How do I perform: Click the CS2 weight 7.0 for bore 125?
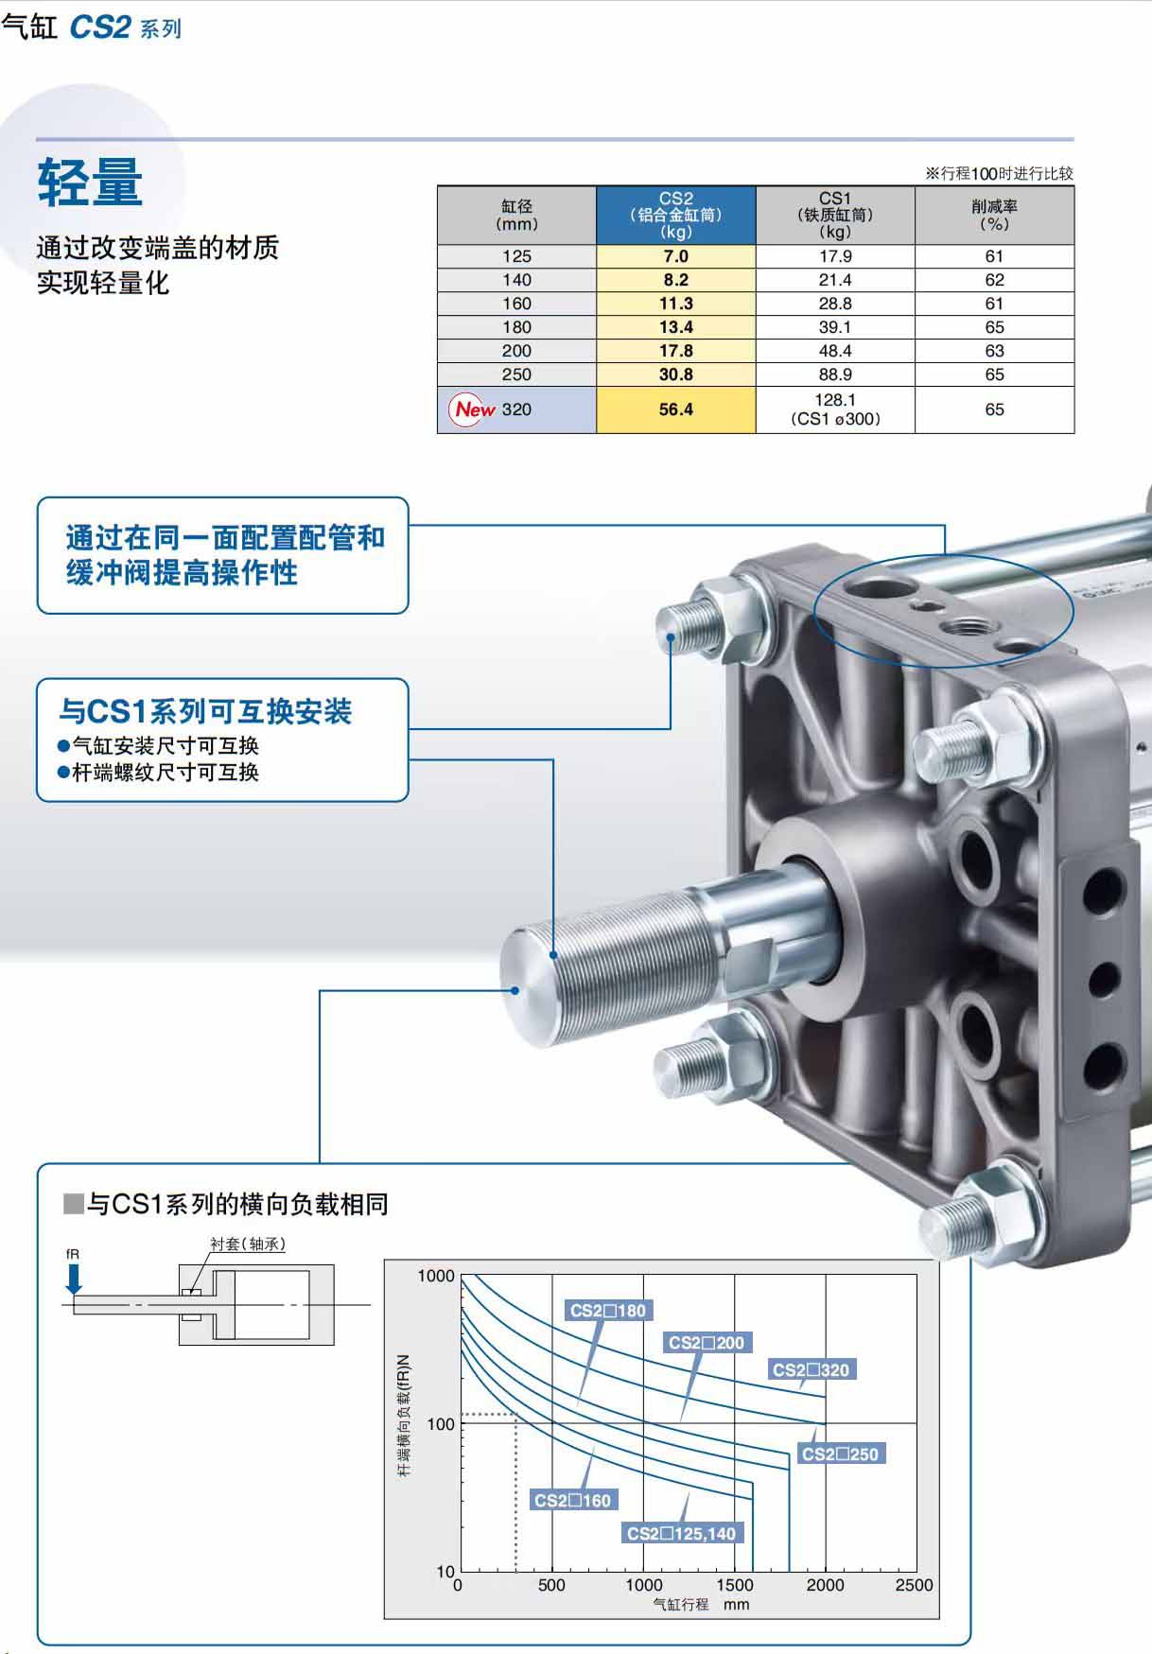click(675, 256)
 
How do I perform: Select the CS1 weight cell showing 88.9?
click(835, 374)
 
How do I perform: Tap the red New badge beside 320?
click(474, 409)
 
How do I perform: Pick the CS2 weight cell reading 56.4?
click(675, 409)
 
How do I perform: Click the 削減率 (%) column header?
click(994, 216)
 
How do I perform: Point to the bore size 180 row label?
click(516, 327)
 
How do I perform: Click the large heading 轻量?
click(90, 182)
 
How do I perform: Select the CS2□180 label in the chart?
click(608, 1311)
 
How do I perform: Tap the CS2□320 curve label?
click(811, 1369)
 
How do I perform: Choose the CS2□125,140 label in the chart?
click(681, 1533)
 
